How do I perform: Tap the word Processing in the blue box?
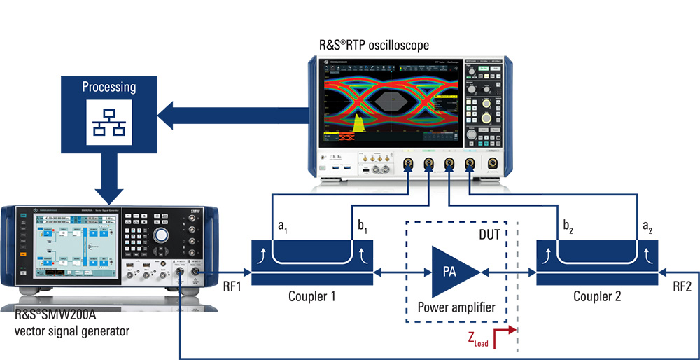(108, 87)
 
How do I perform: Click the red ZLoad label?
(478, 340)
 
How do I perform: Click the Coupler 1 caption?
(311, 296)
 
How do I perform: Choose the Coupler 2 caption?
(597, 296)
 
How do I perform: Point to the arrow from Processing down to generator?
(109, 179)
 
